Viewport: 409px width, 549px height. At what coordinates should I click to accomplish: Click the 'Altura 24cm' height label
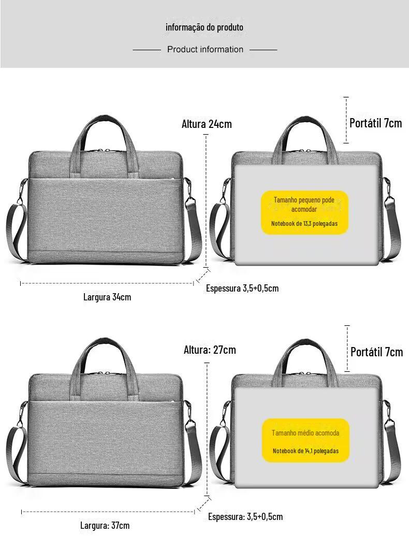pos(207,124)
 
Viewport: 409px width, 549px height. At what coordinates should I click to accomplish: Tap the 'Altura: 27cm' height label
pos(210,350)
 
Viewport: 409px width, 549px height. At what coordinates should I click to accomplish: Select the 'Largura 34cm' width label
pos(107,297)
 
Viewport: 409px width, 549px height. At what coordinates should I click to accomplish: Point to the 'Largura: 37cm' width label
pos(105,525)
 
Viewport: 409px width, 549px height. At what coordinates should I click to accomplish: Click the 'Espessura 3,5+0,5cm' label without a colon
pos(242,288)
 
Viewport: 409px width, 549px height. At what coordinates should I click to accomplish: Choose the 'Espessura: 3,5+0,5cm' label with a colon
pos(245,516)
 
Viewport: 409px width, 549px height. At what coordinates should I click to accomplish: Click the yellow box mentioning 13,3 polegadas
pos(305,213)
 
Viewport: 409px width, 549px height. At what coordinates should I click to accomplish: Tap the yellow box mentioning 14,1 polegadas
pos(305,440)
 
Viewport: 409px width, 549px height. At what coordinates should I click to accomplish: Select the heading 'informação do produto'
pos(204,27)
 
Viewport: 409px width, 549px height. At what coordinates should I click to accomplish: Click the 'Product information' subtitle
pos(205,49)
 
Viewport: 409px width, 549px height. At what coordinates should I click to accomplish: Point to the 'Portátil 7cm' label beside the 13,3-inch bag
pos(375,123)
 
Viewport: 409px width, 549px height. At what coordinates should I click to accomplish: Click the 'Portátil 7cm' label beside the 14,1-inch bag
pos(376,352)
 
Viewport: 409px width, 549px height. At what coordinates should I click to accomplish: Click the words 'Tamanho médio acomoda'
pos(305,432)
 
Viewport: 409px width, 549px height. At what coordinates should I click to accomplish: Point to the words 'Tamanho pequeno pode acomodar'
pos(304,204)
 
